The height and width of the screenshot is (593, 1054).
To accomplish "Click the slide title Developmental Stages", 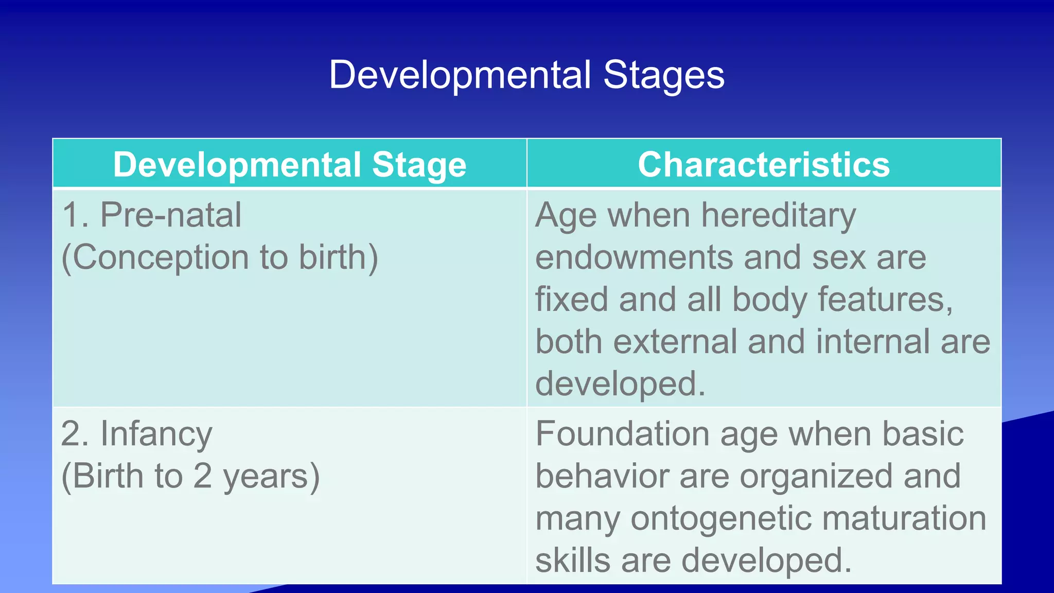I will point(526,75).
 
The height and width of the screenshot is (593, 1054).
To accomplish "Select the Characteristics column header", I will point(764,165).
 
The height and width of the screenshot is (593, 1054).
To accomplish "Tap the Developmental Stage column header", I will point(290,165).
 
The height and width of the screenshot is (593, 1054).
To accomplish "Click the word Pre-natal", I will point(170,215).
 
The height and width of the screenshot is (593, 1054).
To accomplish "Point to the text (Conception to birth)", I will point(220,257).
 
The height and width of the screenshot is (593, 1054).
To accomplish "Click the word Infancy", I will point(156,434).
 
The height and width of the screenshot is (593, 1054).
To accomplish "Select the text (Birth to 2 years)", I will point(190,476).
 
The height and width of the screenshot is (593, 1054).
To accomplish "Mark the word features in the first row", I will point(882,300).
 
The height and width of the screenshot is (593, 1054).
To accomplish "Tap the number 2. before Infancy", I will point(75,434).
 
